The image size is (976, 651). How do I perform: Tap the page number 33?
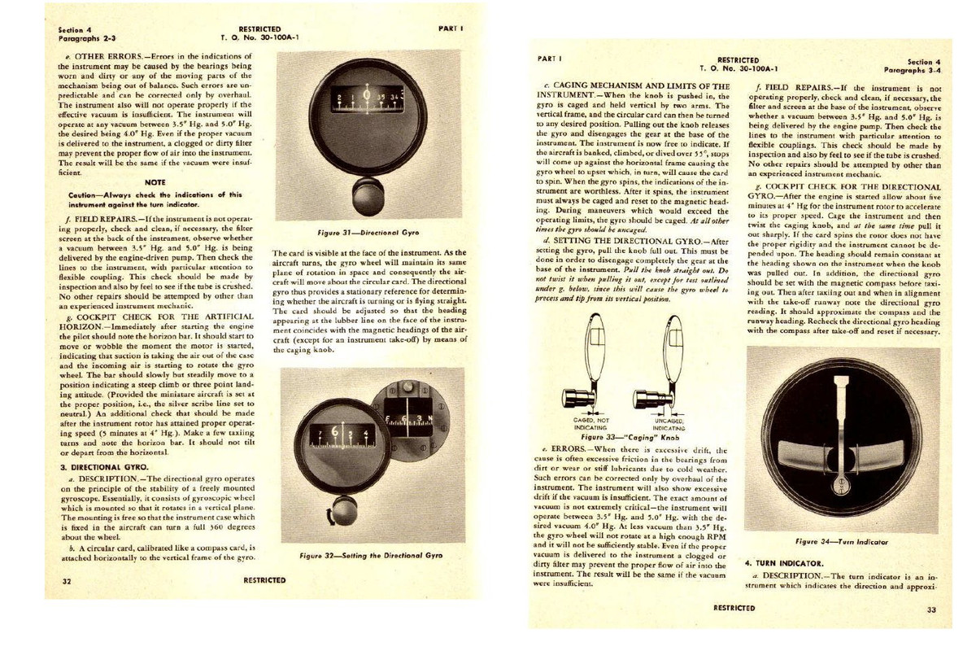coord(930,609)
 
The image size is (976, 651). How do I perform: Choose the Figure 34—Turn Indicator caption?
coord(841,541)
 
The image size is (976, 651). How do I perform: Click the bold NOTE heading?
coord(155,182)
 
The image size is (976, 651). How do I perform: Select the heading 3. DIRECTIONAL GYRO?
coord(104,467)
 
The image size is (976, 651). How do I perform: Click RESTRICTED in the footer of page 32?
coord(264,581)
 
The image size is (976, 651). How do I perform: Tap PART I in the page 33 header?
coord(551,59)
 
